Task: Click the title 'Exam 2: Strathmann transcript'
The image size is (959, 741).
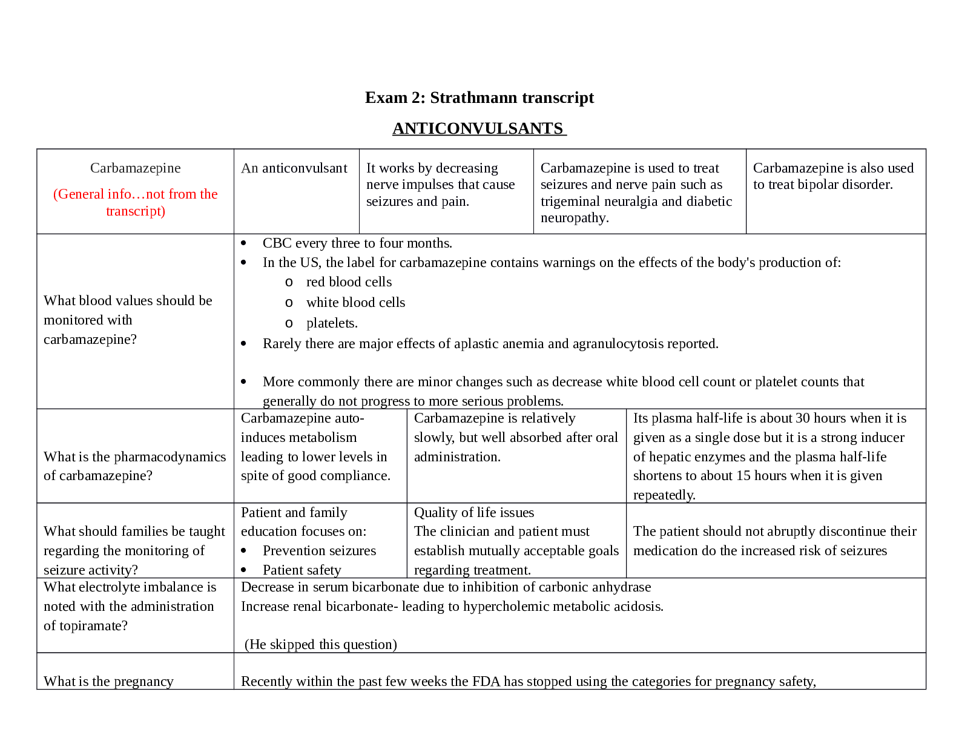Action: click(479, 97)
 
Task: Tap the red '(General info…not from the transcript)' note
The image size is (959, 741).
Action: click(135, 202)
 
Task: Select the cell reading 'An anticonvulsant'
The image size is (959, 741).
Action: click(294, 168)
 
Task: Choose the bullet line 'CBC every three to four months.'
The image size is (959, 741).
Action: click(357, 243)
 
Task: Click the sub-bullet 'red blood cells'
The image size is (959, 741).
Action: click(349, 282)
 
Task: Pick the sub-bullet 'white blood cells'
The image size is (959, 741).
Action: click(355, 303)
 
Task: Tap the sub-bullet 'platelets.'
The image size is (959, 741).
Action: click(332, 323)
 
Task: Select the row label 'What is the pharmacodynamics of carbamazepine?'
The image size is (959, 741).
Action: click(134, 466)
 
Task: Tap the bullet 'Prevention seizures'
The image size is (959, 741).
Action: click(319, 551)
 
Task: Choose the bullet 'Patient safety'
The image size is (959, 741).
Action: click(302, 570)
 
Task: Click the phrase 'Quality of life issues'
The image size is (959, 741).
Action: click(473, 513)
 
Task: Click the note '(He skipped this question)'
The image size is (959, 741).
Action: click(320, 645)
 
